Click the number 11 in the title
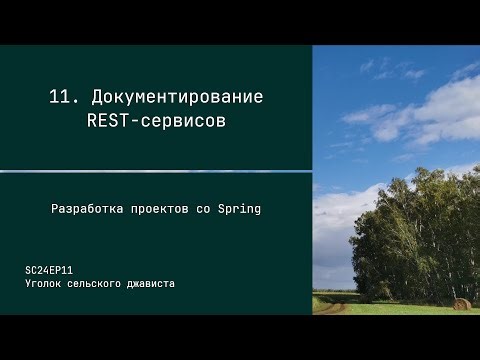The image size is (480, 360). point(61,97)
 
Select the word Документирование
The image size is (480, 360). point(177,97)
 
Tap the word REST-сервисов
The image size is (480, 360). point(155,121)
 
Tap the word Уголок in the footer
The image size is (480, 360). point(47,284)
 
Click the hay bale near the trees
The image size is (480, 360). point(461,303)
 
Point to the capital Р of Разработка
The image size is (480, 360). point(55,210)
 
